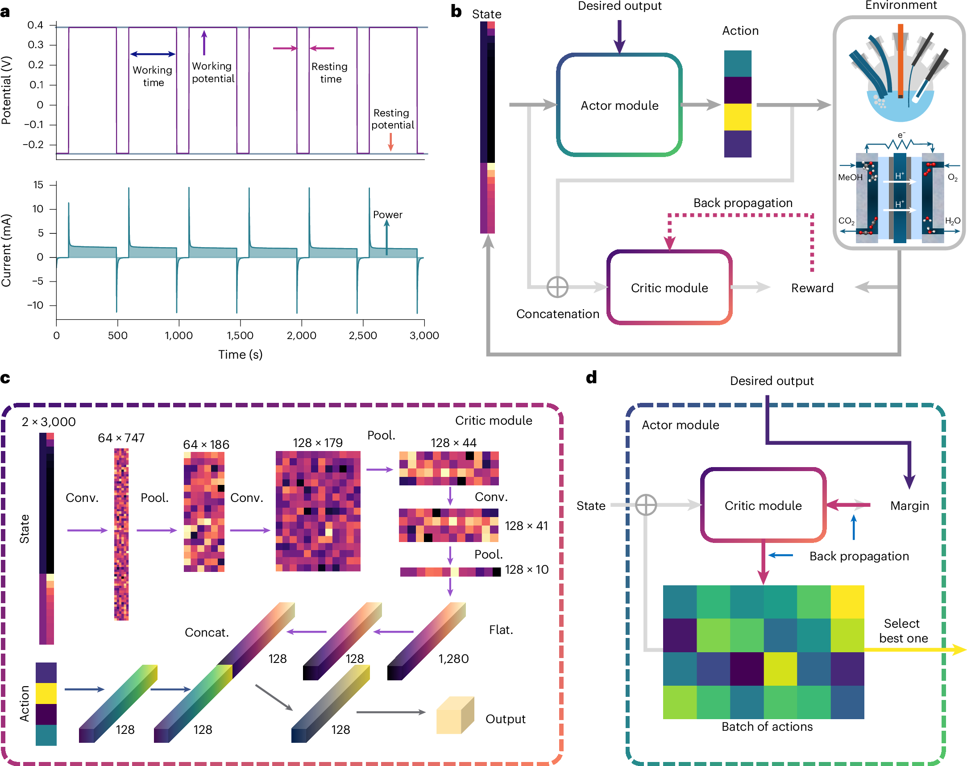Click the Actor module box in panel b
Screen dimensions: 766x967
coord(619,105)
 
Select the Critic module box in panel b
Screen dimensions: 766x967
coord(669,287)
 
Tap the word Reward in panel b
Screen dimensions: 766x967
coord(812,288)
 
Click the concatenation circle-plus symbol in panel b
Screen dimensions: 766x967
coord(557,287)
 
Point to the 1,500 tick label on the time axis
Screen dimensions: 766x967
coord(240,335)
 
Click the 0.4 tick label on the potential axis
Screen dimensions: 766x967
coord(35,25)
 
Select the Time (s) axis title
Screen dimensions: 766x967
coord(240,354)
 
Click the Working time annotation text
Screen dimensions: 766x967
coord(153,76)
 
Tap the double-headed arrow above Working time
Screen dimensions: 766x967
coord(153,54)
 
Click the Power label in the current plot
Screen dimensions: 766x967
coord(387,215)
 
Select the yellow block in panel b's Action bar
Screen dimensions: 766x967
coord(737,117)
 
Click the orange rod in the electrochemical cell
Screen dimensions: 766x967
coord(900,61)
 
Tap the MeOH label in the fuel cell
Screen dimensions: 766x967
coord(850,177)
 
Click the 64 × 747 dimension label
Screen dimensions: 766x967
coord(121,438)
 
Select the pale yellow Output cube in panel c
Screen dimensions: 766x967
coord(455,715)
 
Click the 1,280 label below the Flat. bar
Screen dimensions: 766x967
coord(453,658)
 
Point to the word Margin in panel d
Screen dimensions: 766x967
coord(909,506)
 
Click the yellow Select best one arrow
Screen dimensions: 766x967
coord(915,650)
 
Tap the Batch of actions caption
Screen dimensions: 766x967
coord(767,727)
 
